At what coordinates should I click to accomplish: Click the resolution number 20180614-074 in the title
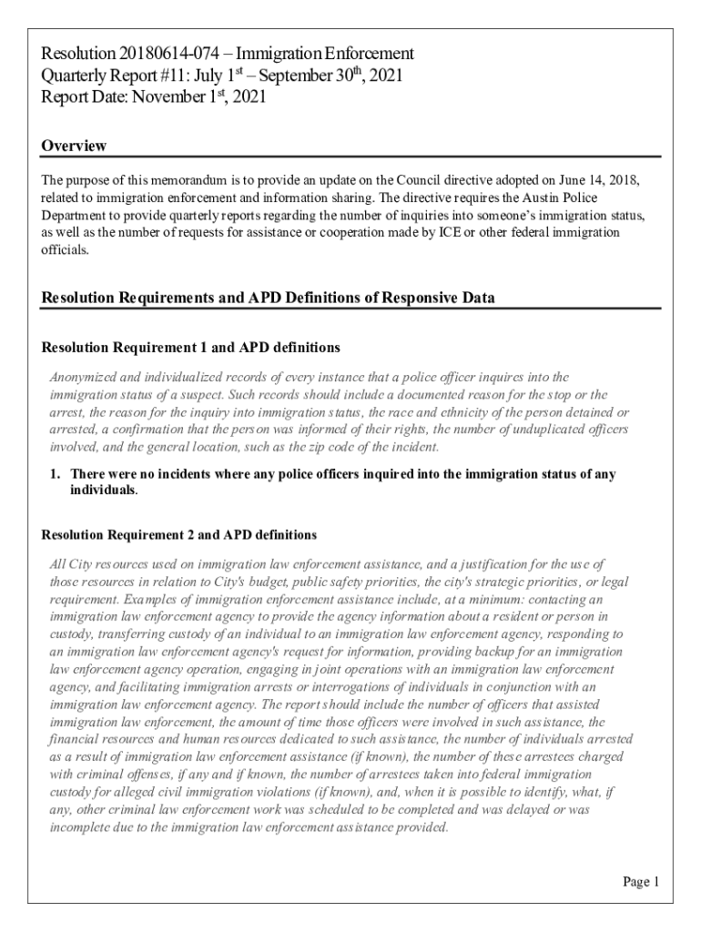(167, 54)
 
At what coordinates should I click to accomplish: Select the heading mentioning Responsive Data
(269, 298)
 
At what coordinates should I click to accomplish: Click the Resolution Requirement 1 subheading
(191, 348)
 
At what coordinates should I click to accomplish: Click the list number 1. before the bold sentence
(55, 474)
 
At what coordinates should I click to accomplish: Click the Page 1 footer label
(641, 881)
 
